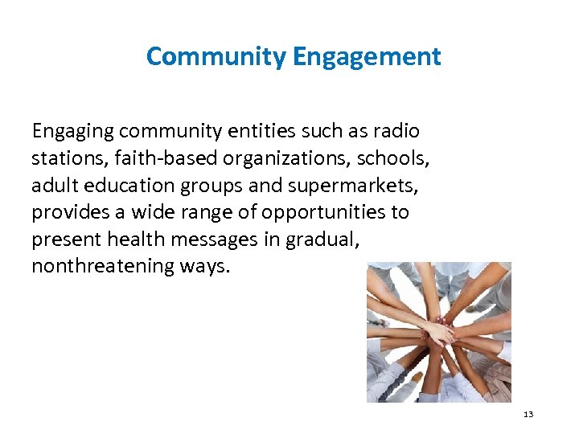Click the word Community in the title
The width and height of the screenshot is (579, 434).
pos(216,57)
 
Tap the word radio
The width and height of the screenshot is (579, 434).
pos(397,130)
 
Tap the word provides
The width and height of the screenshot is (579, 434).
pos(67,212)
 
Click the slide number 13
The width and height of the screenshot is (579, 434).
pos(528,414)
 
